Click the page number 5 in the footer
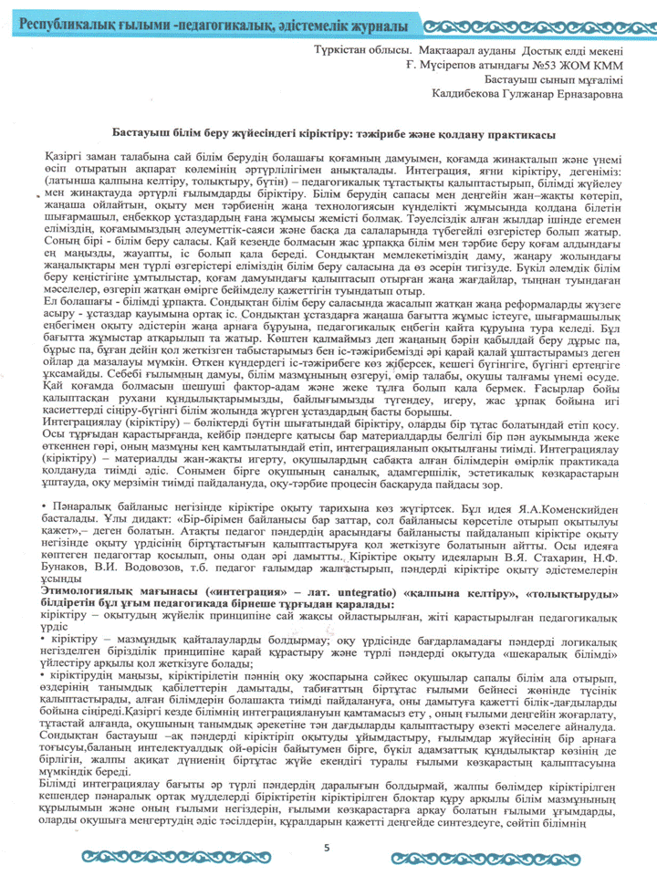coord(326,848)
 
